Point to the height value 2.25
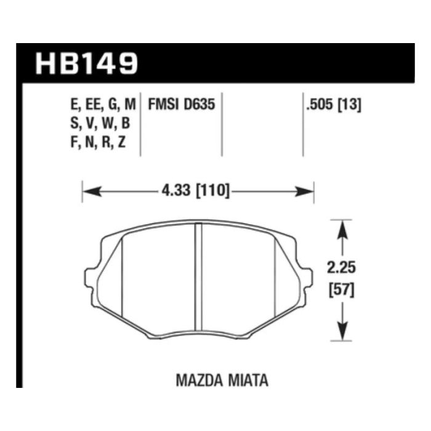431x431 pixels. point(342,268)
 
